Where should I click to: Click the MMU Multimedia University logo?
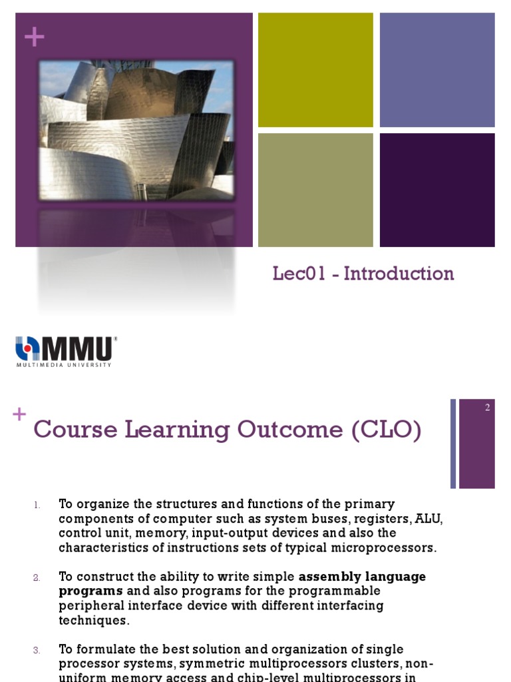click(x=66, y=351)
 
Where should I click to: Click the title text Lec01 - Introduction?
click(x=363, y=274)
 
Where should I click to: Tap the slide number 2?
click(x=487, y=408)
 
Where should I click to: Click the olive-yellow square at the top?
click(x=315, y=70)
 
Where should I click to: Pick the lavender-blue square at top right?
click(x=437, y=70)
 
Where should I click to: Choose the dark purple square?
click(x=437, y=190)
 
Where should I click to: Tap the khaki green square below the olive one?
click(x=315, y=190)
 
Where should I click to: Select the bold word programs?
click(x=90, y=591)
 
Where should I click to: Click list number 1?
click(x=37, y=504)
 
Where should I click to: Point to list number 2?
click(x=37, y=577)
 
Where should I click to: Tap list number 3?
click(x=37, y=650)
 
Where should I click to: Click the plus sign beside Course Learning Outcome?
click(x=19, y=414)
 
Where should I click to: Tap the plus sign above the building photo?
click(x=34, y=37)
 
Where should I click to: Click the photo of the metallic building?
click(x=136, y=130)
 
